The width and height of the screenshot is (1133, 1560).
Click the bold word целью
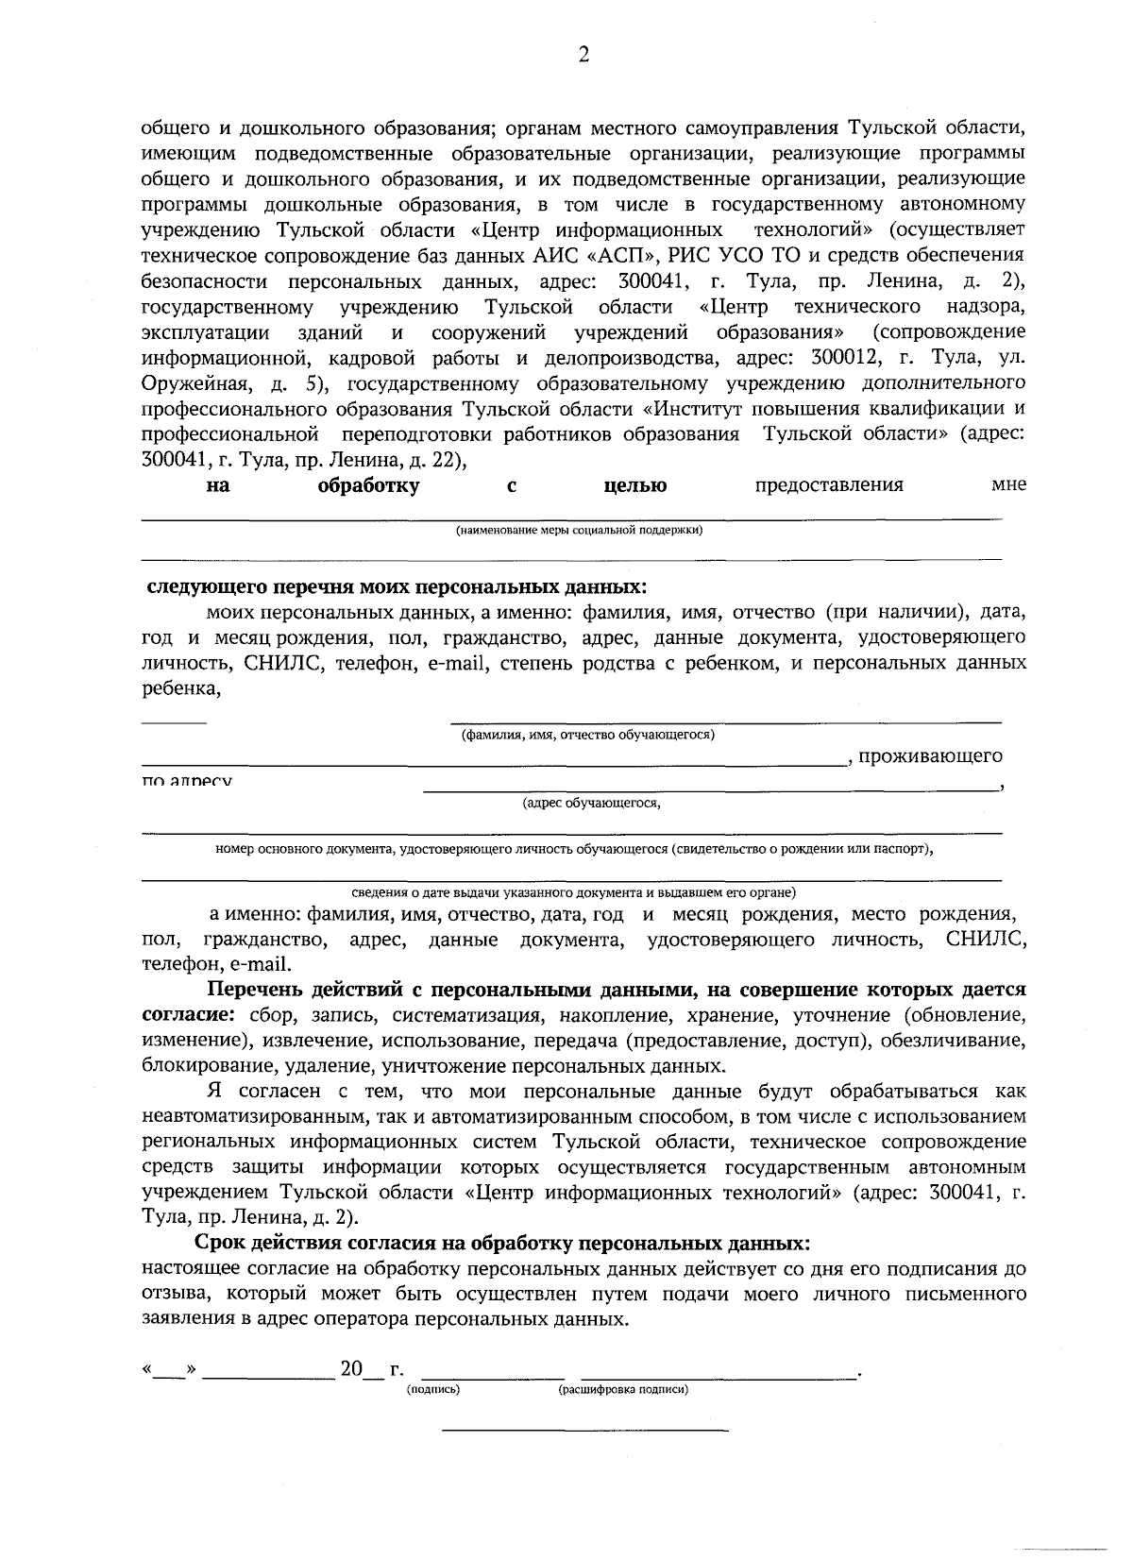(x=634, y=486)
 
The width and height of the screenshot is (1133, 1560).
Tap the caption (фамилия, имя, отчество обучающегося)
(x=587, y=735)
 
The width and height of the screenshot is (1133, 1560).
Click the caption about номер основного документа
(x=574, y=849)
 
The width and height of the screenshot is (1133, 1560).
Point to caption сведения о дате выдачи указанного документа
(x=574, y=891)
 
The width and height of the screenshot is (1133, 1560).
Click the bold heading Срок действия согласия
(x=501, y=1242)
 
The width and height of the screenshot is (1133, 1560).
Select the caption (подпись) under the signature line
(x=432, y=1390)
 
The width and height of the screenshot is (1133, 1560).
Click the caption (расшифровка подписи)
(x=622, y=1390)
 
